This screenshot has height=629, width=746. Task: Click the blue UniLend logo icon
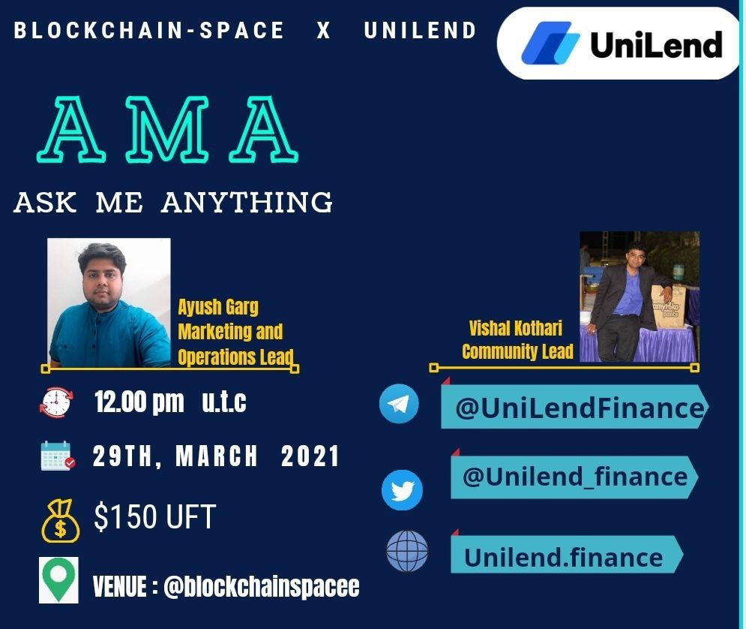pyautogui.click(x=551, y=43)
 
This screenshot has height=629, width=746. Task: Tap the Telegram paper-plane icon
pyautogui.click(x=399, y=404)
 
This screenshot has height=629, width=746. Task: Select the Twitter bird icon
pyautogui.click(x=402, y=490)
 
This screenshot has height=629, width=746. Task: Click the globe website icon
pyautogui.click(x=407, y=551)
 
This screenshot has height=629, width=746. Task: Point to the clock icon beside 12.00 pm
pyautogui.click(x=56, y=402)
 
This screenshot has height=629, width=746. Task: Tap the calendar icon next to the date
pyautogui.click(x=58, y=456)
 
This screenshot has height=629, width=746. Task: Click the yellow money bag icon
pyautogui.click(x=61, y=521)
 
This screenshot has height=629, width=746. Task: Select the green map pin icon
pyautogui.click(x=58, y=580)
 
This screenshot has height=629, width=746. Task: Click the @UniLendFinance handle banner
pyautogui.click(x=575, y=407)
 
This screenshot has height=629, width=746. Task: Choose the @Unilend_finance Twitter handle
pyautogui.click(x=574, y=477)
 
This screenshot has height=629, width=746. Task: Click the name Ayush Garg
pyautogui.click(x=218, y=308)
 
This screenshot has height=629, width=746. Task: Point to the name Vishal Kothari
pyautogui.click(x=515, y=328)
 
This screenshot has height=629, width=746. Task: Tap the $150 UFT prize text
pyautogui.click(x=155, y=517)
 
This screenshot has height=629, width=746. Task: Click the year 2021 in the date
pyautogui.click(x=310, y=456)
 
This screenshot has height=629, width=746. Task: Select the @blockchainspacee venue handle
pyautogui.click(x=261, y=586)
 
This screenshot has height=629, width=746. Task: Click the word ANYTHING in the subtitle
pyautogui.click(x=247, y=203)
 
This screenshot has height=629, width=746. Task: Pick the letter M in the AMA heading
pyautogui.click(x=167, y=129)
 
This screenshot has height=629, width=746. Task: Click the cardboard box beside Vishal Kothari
pyautogui.click(x=669, y=306)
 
